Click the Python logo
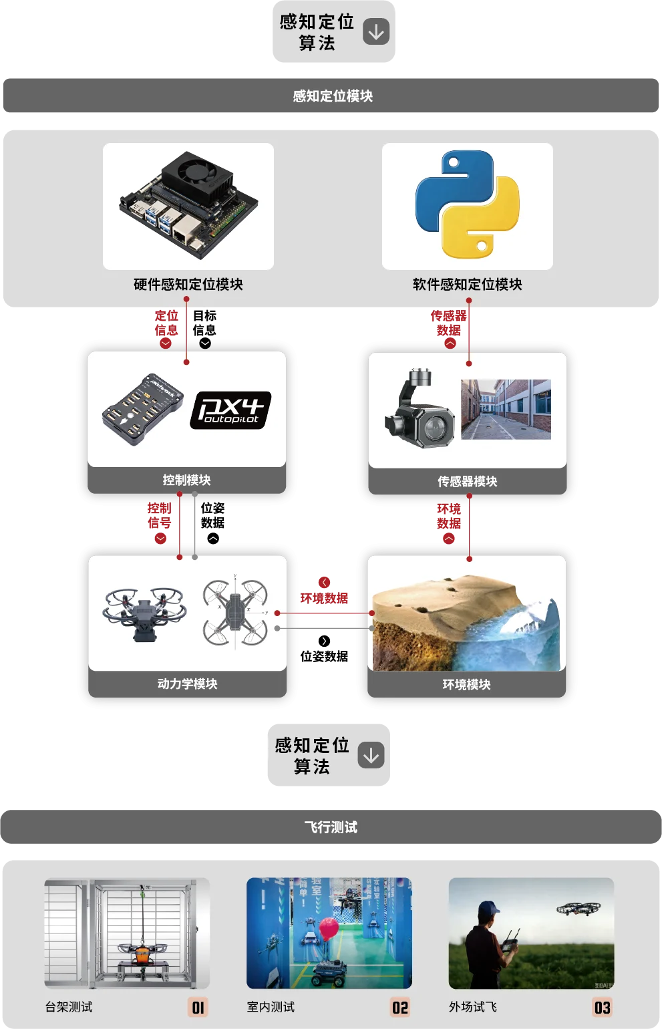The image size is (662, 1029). (x=467, y=204)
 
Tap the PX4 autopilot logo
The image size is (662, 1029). (x=230, y=410)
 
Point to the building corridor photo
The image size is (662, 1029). (x=506, y=409)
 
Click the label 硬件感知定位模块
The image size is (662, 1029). (x=188, y=285)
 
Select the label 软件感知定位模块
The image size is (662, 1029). (x=467, y=285)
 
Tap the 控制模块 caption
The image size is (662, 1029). (x=186, y=480)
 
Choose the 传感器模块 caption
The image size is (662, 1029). (x=467, y=481)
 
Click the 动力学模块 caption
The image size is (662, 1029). (x=187, y=684)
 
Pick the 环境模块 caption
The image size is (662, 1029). (x=466, y=684)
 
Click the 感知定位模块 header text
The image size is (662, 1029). (x=332, y=96)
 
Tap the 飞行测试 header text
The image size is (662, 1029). (x=331, y=827)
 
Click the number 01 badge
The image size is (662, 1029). (x=198, y=1008)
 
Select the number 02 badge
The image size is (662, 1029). (x=400, y=1008)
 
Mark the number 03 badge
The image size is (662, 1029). (x=602, y=1008)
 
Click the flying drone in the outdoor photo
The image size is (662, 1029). (x=578, y=909)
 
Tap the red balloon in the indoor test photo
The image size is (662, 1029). (x=328, y=928)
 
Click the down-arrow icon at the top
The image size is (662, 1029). (x=376, y=31)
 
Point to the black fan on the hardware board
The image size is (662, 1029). (x=197, y=171)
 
